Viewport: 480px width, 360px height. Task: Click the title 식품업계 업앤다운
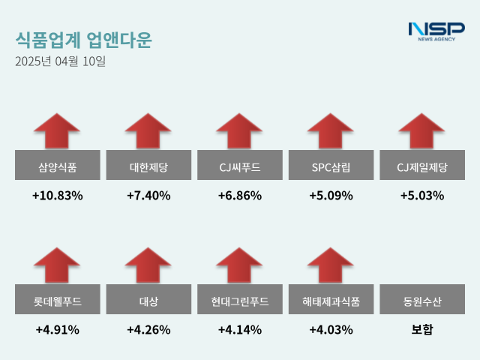[x=82, y=39]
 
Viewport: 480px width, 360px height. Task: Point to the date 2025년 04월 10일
[x=61, y=61]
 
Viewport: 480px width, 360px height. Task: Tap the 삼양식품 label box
[x=57, y=166]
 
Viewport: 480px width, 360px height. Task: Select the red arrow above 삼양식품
[x=57, y=131]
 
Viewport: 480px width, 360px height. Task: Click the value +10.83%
[x=57, y=196]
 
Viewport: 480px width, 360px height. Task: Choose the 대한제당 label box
[x=148, y=166]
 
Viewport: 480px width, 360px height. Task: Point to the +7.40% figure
[x=148, y=196]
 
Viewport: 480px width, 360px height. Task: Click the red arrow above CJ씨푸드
[x=240, y=131]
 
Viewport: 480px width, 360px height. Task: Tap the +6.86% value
[x=240, y=196]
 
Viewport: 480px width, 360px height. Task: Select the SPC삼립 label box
[x=331, y=166]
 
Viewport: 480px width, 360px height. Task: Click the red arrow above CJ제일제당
[x=422, y=131]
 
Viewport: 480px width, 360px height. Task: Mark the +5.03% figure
[x=422, y=196]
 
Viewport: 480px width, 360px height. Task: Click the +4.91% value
[x=57, y=329]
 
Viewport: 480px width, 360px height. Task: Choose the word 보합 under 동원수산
[x=422, y=329]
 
